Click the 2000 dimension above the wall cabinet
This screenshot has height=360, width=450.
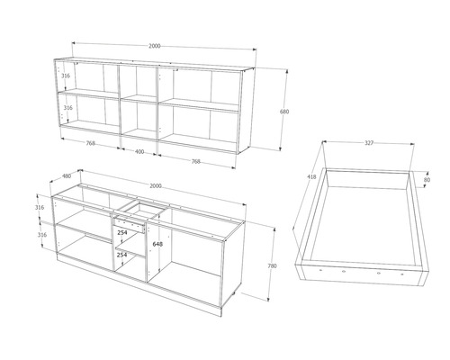155,46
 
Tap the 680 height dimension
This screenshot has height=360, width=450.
284,112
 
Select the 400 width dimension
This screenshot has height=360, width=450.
139,152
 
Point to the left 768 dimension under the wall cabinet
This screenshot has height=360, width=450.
91,143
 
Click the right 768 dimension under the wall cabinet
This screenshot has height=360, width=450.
195,161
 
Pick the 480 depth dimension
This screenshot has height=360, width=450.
67,175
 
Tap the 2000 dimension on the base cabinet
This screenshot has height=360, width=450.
156,186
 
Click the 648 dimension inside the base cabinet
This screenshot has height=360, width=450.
157,244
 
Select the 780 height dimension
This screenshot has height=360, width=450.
272,265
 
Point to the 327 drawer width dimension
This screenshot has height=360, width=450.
369,143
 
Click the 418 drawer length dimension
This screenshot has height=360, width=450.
311,177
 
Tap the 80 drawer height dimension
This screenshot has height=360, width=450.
427,180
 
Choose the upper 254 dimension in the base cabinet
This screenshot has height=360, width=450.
122,232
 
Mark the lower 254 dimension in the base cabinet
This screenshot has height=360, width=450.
122,255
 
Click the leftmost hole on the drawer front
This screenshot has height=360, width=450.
320,270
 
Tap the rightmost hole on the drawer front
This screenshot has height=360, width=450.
402,274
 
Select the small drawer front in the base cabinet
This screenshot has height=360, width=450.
130,225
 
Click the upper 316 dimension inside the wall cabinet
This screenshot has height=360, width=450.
66,76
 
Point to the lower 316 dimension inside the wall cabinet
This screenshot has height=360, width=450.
68,107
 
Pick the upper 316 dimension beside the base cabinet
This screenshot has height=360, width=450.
40,207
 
